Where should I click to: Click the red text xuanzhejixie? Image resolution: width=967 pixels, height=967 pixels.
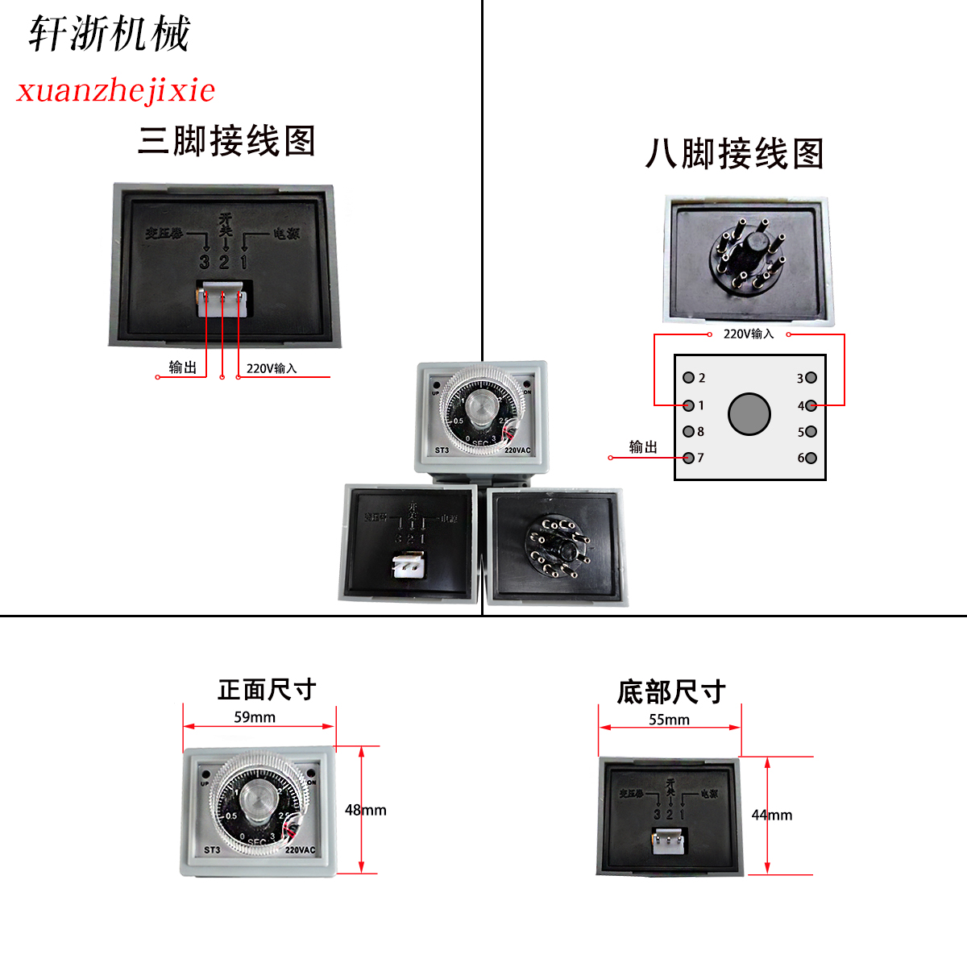click(x=116, y=89)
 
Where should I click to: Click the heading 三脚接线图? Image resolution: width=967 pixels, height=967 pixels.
click(x=226, y=141)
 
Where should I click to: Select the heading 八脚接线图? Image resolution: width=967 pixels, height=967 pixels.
click(x=734, y=153)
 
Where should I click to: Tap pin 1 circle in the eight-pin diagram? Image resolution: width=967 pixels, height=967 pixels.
click(x=689, y=405)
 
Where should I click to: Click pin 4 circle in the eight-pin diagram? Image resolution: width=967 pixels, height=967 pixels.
click(x=811, y=405)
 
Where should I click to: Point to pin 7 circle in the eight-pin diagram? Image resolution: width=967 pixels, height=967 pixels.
click(x=689, y=458)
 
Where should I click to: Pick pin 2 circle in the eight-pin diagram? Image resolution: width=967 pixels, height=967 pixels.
click(x=689, y=377)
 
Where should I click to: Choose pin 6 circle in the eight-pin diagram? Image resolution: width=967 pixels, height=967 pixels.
click(x=811, y=458)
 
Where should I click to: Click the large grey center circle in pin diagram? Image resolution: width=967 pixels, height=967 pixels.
click(x=749, y=414)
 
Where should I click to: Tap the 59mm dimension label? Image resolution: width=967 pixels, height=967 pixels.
click(x=255, y=717)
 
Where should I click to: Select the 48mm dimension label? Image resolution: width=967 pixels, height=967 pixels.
click(x=366, y=810)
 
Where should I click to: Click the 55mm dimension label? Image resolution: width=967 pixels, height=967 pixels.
click(x=670, y=720)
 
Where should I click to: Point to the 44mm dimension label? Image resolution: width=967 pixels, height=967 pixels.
click(x=772, y=815)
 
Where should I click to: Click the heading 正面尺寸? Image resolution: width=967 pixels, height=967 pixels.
click(x=267, y=690)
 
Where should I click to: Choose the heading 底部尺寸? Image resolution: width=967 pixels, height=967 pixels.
click(x=671, y=691)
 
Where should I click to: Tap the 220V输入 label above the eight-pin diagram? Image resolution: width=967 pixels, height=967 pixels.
click(x=748, y=334)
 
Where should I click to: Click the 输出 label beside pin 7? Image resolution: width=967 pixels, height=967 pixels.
click(x=643, y=447)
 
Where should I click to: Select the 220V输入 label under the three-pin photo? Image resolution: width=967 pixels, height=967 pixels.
click(x=272, y=368)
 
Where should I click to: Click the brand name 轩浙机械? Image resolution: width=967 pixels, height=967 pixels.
click(x=109, y=35)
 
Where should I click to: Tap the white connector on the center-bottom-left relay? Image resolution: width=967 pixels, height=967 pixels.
click(x=408, y=566)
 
